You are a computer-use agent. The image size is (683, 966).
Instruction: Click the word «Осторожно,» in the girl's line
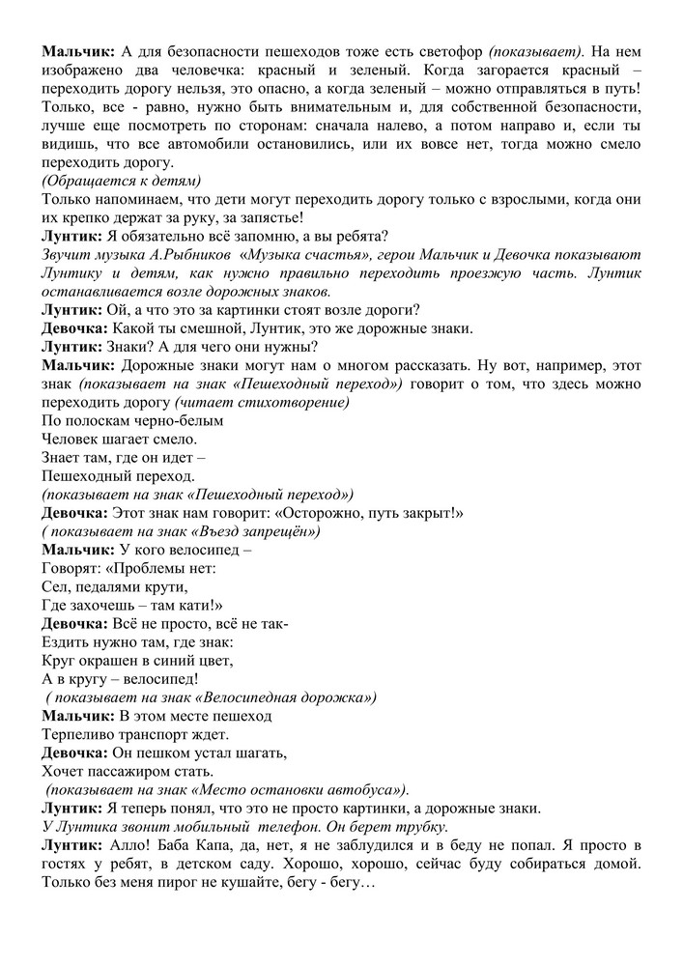pyautogui.click(x=304, y=512)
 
